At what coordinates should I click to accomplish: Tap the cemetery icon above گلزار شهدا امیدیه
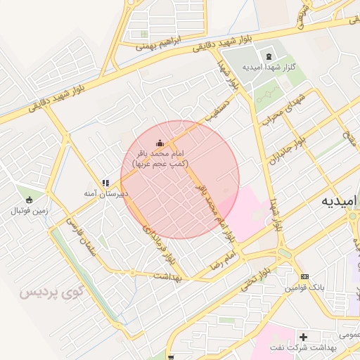click(268, 56)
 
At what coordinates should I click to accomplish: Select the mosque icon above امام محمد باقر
click(160, 142)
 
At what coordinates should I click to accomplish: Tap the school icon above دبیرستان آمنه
click(105, 183)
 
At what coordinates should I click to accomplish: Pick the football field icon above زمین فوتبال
click(29, 199)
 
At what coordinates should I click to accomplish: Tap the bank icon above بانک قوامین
click(304, 276)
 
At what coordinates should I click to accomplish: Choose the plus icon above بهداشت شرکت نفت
click(304, 337)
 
